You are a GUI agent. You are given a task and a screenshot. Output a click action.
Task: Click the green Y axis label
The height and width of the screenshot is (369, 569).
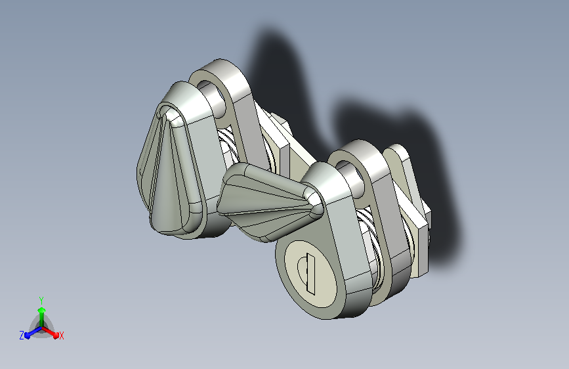click(41, 299)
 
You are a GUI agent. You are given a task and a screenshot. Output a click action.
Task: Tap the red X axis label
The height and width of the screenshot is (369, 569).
click(62, 336)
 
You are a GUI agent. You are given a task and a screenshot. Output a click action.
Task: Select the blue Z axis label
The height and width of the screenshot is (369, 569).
click(22, 336)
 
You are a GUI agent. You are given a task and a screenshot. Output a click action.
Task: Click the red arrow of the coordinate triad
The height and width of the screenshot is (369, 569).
click(53, 332)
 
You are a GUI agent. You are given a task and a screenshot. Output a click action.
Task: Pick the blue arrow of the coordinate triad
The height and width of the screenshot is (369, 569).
click(30, 333)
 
